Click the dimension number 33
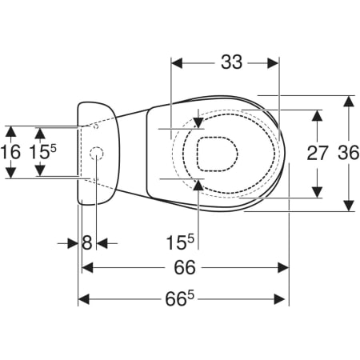[231, 62]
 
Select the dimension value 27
[317, 153]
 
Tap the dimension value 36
[349, 153]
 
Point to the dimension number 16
[10, 152]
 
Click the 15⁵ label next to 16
[42, 152]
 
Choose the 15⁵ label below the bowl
[180, 242]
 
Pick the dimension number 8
[87, 243]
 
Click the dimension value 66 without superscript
[185, 267]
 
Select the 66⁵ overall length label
[179, 298]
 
